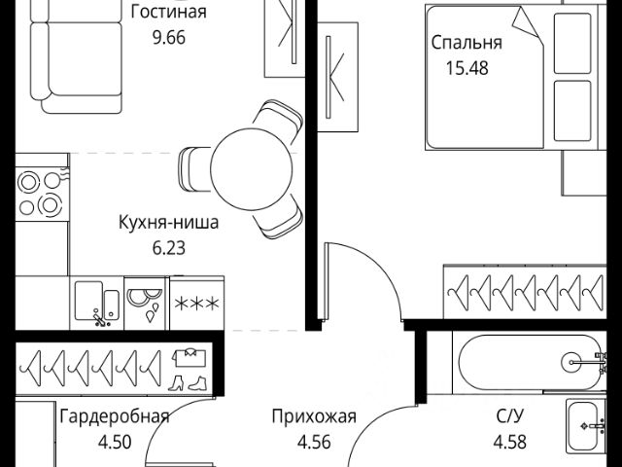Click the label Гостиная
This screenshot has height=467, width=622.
coord(168,12)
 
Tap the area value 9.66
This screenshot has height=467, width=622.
coord(169,38)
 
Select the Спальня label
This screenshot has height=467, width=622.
coord(466,43)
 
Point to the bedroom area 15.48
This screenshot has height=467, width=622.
coord(466,68)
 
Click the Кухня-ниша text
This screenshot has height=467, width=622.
coord(168,223)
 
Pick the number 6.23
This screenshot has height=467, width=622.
coord(169,248)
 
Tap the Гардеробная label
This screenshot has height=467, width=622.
coord(115,417)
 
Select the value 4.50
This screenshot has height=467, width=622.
coord(115,442)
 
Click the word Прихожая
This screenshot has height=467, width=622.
coord(314,417)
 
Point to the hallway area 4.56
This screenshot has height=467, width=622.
coord(314,442)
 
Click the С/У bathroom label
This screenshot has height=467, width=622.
coord(509,416)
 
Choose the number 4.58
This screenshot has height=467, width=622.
coord(510,441)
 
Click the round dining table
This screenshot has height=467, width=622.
coord(251,169)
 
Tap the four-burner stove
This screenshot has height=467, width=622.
coord(43,195)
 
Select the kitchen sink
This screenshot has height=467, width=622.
coord(97,303)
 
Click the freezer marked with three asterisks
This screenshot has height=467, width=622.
coord(196,303)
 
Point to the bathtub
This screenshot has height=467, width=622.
coord(531,362)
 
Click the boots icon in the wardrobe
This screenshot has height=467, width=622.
coord(187,382)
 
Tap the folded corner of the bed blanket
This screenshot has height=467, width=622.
coord(527,23)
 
